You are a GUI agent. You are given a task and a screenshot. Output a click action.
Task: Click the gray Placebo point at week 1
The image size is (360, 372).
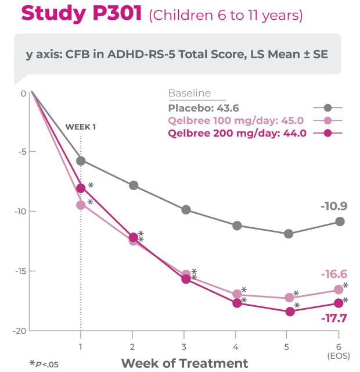pyautogui.click(x=81, y=160)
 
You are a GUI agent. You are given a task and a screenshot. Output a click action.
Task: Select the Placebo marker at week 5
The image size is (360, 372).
pyautogui.click(x=289, y=234)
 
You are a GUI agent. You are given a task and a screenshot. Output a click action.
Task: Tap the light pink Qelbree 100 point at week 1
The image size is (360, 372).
pyautogui.click(x=81, y=205)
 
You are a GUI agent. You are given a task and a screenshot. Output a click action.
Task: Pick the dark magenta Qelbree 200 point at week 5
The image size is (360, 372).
pyautogui.click(x=289, y=312)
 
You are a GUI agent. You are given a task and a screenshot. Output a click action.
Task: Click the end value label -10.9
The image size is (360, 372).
pyautogui.click(x=334, y=206)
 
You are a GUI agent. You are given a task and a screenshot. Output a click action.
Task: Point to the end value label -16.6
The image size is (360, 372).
pyautogui.click(x=334, y=274)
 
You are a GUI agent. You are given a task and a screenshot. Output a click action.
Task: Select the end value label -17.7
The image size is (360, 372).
pyautogui.click(x=334, y=318)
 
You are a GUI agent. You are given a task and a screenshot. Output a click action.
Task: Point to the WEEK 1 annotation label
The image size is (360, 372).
pyautogui.click(x=81, y=127)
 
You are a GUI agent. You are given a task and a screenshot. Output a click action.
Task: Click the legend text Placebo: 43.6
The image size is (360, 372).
pyautogui.click(x=203, y=108)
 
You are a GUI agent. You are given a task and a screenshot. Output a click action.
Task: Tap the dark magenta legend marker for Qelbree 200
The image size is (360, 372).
pyautogui.click(x=327, y=133)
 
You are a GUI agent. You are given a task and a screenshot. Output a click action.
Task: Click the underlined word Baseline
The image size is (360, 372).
pyautogui.click(x=189, y=94)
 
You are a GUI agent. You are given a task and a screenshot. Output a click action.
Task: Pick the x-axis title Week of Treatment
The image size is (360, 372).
pyautogui.click(x=184, y=363)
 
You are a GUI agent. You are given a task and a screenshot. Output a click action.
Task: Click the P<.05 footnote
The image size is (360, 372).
pyautogui.click(x=44, y=364)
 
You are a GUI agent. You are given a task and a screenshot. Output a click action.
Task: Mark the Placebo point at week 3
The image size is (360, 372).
pyautogui.click(x=186, y=210)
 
